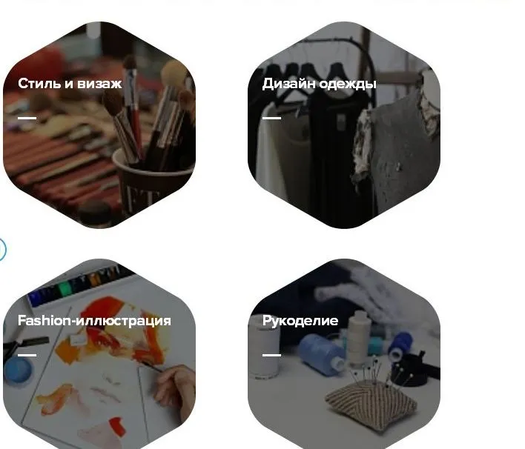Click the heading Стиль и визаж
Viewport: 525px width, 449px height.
(70, 84)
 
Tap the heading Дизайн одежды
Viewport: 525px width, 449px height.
(319, 84)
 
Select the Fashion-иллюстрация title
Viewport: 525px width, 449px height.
(94, 321)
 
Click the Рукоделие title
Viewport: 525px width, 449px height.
(300, 321)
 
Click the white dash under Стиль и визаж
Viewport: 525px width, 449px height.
(27, 118)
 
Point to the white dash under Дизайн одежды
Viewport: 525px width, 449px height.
(271, 118)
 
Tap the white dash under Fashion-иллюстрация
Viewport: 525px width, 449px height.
(27, 355)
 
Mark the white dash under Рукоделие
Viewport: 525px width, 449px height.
(271, 355)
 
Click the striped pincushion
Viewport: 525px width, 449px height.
(371, 404)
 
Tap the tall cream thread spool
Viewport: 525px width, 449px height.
(360, 338)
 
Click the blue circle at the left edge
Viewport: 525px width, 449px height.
(3, 249)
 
